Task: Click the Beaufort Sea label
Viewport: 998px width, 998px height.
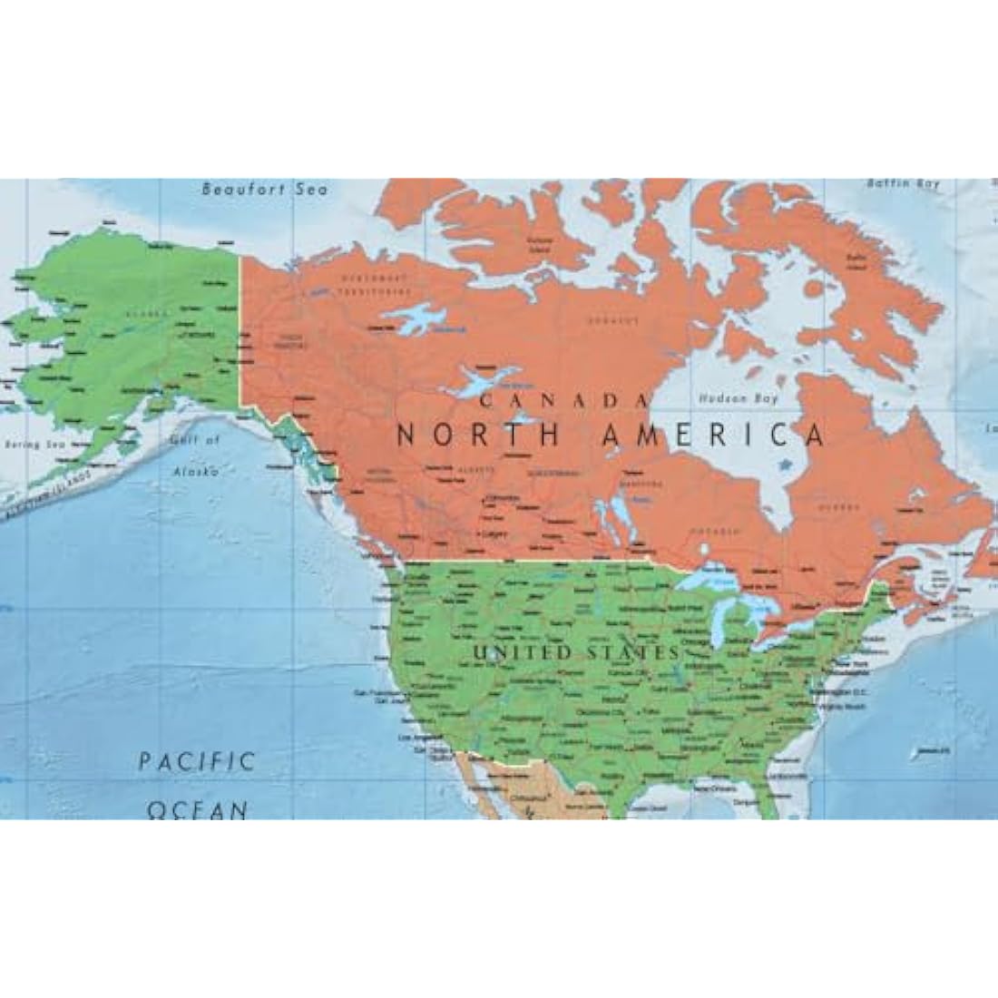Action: point(264,190)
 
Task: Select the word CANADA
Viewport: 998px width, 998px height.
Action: point(564,400)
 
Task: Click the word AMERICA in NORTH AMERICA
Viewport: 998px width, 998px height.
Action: point(713,435)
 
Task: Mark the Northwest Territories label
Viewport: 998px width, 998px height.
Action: point(373,283)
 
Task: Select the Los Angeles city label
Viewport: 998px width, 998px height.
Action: point(414,737)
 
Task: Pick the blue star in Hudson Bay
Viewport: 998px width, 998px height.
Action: point(784,464)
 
